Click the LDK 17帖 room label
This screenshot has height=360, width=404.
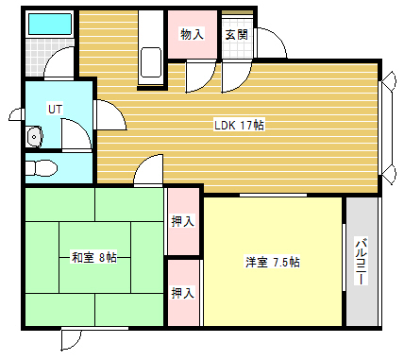point(239,125)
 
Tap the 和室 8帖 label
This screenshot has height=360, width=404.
point(94,257)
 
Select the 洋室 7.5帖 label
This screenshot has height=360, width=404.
point(273,262)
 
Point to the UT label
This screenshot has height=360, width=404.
point(56,109)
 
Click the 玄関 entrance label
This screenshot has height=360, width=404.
point(236,35)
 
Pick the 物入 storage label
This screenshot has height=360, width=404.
point(192,34)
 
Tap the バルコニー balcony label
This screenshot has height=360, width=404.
point(362,262)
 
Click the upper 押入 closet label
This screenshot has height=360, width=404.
point(183,221)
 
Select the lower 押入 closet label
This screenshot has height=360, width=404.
point(183,293)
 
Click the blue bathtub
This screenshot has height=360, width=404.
point(50,24)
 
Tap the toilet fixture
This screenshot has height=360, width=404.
point(42,168)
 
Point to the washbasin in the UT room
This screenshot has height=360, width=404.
point(34,137)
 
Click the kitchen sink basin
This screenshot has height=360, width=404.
point(151,62)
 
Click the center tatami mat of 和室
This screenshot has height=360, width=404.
point(94,257)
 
